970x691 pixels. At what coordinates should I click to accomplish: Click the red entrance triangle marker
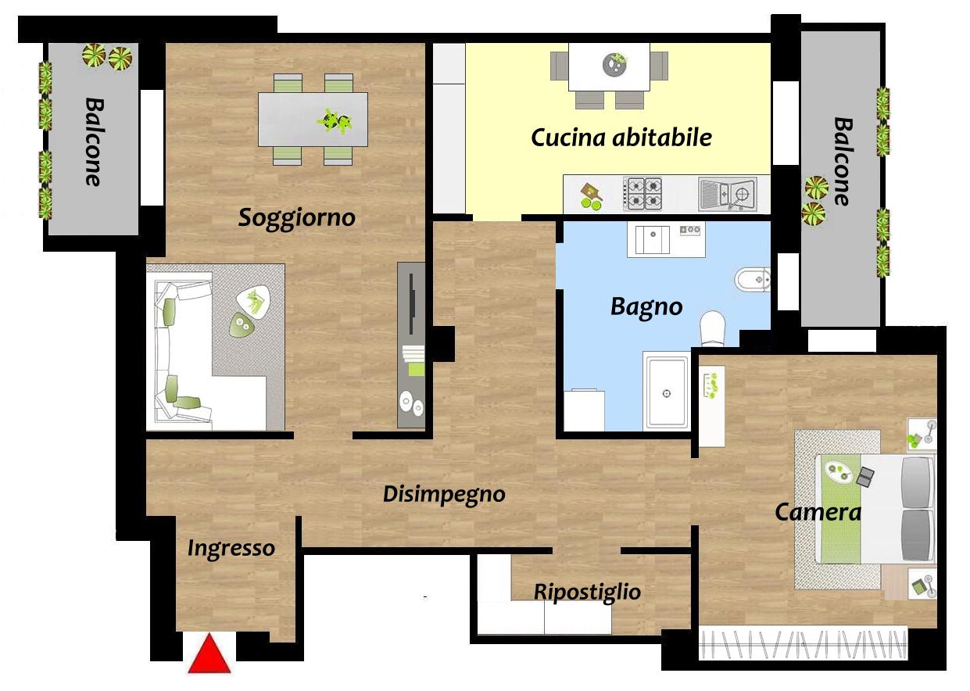tap(209, 653)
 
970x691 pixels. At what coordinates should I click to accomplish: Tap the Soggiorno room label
tap(297, 217)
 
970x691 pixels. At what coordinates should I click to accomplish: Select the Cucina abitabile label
tap(621, 138)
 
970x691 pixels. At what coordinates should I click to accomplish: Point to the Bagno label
tap(646, 307)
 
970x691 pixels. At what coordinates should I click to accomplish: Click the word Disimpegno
tap(444, 494)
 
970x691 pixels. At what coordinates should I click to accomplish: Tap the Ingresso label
tap(231, 549)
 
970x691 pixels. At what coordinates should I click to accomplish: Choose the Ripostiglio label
tap(587, 592)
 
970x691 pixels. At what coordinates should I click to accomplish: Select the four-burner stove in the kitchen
tap(642, 194)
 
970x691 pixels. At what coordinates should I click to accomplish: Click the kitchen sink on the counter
tap(728, 194)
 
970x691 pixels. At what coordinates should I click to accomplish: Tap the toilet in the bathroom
tap(712, 328)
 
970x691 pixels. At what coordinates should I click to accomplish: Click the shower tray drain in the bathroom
tap(667, 393)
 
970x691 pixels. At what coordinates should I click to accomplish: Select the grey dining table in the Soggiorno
tap(313, 120)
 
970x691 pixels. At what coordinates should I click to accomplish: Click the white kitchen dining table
tap(609, 66)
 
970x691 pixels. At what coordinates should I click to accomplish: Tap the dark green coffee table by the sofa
tap(242, 324)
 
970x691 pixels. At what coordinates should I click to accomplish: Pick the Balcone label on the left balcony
tap(94, 142)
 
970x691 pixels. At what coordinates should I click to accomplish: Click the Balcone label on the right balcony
tap(843, 162)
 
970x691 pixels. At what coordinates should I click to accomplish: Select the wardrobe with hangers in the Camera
tap(804, 644)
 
